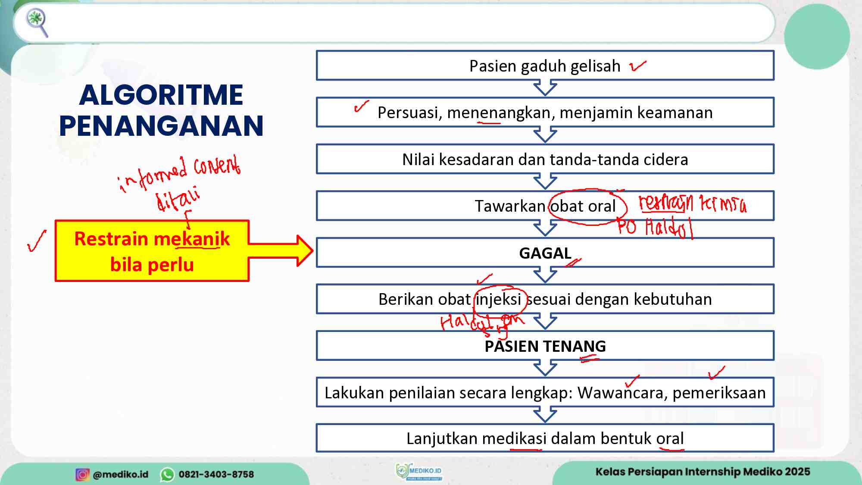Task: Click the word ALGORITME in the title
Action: (161, 95)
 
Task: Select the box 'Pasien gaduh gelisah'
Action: (545, 66)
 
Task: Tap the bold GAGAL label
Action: (545, 253)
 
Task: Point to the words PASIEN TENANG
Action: (545, 346)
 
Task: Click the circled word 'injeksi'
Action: (499, 299)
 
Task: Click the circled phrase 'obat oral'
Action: (583, 207)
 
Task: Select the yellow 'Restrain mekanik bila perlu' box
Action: (152, 251)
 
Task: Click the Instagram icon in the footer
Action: (82, 474)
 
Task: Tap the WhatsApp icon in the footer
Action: (167, 474)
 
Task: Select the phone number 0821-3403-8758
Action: (216, 474)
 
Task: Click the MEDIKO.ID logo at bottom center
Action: (419, 472)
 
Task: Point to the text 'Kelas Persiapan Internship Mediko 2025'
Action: (703, 472)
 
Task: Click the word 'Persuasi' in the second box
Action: (409, 113)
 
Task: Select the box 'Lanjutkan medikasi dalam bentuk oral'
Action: (545, 438)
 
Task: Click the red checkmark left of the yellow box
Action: (37, 241)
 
